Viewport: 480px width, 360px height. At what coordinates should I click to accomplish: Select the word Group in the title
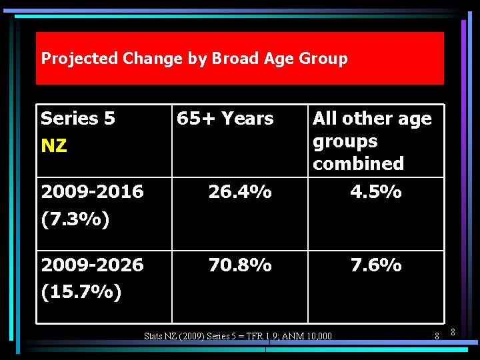tap(323, 59)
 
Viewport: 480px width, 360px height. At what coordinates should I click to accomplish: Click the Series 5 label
tap(78, 119)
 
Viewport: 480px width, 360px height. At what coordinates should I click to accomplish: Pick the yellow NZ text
tap(54, 146)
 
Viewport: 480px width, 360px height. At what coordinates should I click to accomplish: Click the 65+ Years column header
tap(225, 119)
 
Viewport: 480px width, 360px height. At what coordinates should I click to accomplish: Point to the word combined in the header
tap(358, 163)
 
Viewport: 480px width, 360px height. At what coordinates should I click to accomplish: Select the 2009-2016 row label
tap(92, 192)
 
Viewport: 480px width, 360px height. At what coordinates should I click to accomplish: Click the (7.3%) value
tap(75, 219)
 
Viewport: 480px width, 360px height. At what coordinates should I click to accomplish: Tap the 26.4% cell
tap(240, 192)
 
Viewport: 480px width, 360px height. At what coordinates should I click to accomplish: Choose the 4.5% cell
tap(376, 192)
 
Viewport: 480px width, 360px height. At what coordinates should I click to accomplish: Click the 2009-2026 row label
tap(92, 265)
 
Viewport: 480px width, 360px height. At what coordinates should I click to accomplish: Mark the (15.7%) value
tap(81, 293)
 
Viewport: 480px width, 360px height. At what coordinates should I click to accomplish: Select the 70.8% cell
tap(240, 265)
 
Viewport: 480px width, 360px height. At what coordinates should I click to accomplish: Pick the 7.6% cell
tap(376, 265)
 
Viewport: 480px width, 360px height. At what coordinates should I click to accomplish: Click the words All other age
tap(372, 119)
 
